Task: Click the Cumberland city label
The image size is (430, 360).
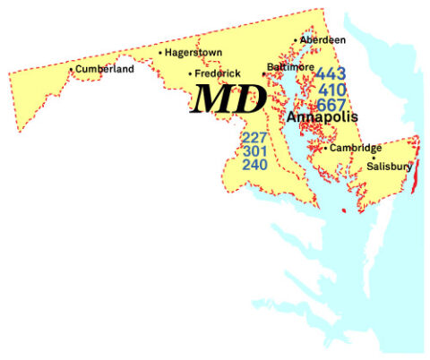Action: (x=105, y=69)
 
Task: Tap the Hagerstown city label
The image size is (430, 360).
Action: (x=193, y=53)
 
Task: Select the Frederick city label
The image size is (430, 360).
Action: (x=218, y=73)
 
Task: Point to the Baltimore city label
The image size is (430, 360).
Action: (x=292, y=67)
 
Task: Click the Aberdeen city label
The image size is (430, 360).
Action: (x=322, y=40)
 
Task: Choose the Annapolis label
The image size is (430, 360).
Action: (x=322, y=117)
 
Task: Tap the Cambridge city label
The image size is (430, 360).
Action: (x=356, y=148)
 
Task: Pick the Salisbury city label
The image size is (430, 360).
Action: (x=389, y=167)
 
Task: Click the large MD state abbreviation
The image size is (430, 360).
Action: (x=229, y=99)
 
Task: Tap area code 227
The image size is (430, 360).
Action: (x=254, y=138)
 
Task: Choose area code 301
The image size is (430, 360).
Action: (x=254, y=151)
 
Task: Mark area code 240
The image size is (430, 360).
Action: (x=254, y=165)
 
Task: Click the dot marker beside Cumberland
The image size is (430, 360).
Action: (x=72, y=69)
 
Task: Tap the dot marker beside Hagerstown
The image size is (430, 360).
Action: (x=160, y=53)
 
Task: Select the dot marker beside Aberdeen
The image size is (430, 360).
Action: (x=296, y=40)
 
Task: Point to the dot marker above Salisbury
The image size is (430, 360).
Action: (x=374, y=158)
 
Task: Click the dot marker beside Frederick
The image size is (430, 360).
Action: (x=190, y=73)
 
